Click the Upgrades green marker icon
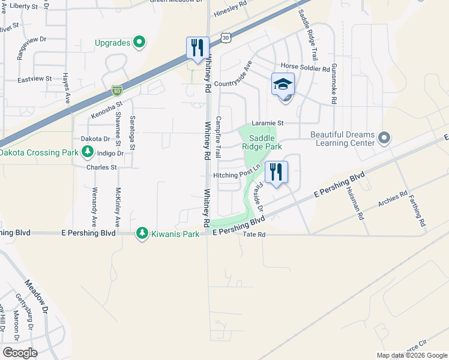[x=139, y=42]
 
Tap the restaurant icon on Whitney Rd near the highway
[x=197, y=47]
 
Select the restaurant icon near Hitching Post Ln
[x=276, y=172]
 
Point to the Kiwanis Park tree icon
[x=142, y=233]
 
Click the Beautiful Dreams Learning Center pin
[x=385, y=139]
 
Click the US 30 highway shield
[x=225, y=37]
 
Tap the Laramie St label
[x=267, y=122]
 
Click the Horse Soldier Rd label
[x=305, y=69]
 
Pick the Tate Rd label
[x=254, y=235]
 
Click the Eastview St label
[x=35, y=79]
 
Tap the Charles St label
[x=101, y=167]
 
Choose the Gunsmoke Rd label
[x=334, y=84]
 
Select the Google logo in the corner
[x=20, y=353]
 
